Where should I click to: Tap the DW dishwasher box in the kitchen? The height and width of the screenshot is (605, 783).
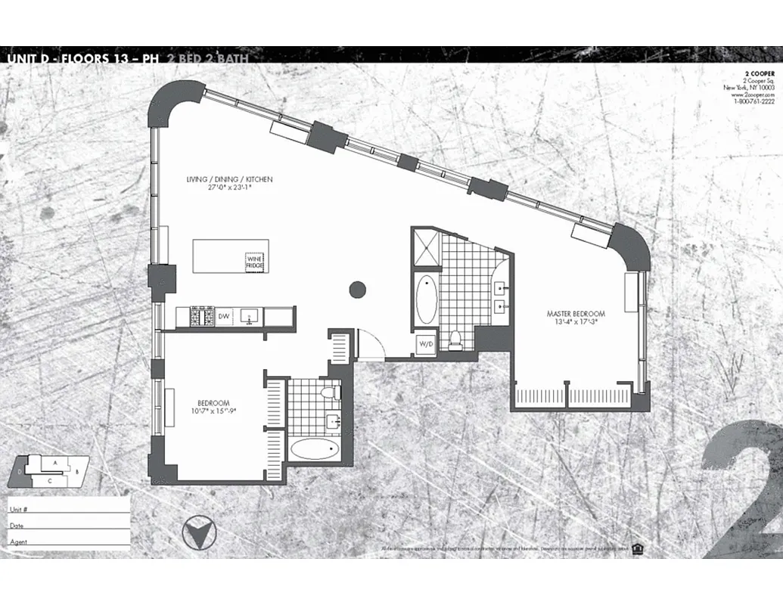[x=224, y=317]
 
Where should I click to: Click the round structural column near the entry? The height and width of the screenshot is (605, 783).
[x=357, y=289]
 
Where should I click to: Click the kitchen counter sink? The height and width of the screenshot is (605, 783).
[x=249, y=317]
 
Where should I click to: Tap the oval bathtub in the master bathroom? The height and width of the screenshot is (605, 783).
[x=426, y=300]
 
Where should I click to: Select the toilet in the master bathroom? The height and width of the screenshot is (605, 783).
[x=455, y=340]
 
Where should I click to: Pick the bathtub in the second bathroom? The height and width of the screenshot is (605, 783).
[x=314, y=450]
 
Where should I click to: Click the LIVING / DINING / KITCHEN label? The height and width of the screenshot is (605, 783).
[x=229, y=180]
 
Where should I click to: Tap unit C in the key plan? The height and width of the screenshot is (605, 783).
[x=49, y=480]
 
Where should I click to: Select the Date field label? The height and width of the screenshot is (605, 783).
[x=16, y=525]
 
